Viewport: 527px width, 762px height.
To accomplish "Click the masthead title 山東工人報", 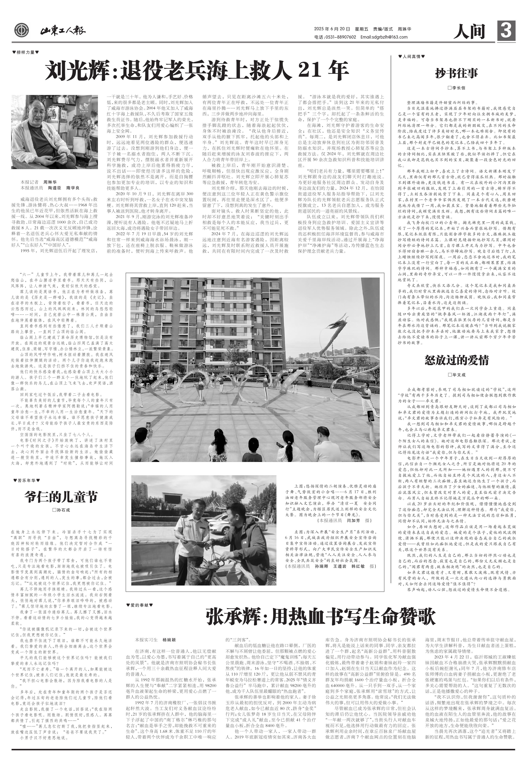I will tap(63, 31).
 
